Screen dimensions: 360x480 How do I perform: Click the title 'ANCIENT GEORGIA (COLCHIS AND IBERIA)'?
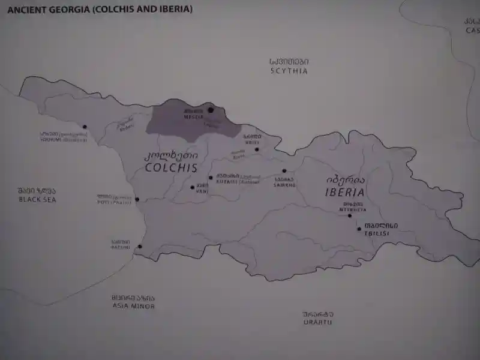tap(100, 10)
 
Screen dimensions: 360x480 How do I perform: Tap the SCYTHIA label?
tap(289, 71)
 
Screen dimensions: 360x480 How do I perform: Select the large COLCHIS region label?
tap(172, 168)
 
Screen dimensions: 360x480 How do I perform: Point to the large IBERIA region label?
tap(345, 193)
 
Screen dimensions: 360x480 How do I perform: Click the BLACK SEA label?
tap(37, 199)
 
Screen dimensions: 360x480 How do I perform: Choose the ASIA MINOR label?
tap(133, 306)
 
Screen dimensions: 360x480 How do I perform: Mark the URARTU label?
tap(318, 322)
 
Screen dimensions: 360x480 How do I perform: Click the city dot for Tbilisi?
tap(359, 229)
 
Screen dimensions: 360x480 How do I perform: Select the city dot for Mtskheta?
tap(350, 215)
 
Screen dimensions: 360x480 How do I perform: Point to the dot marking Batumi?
tap(140, 246)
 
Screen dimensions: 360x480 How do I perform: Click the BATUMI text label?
tap(121, 247)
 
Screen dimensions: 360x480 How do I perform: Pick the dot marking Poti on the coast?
tap(137, 199)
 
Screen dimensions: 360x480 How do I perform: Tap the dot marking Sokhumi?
tap(85, 127)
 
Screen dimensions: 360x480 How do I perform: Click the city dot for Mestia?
tap(211, 110)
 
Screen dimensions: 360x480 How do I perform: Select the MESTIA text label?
tap(193, 117)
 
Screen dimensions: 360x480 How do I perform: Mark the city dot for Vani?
tap(193, 187)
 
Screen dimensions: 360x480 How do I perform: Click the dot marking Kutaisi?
tap(211, 178)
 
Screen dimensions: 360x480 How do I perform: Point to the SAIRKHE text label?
tap(285, 185)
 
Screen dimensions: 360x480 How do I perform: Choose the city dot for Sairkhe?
tap(284, 171)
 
